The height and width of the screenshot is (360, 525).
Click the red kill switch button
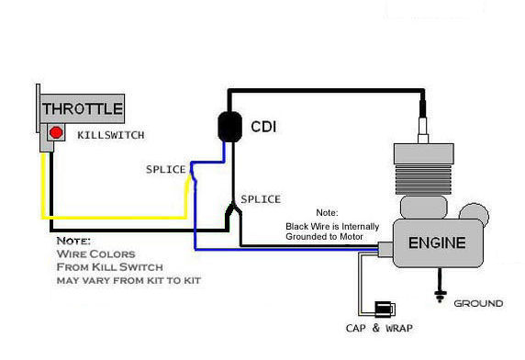[56, 134]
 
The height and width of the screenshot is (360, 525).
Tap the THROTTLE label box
[83, 108]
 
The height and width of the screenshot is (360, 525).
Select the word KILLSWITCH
[111, 135]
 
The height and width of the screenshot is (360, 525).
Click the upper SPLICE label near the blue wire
[166, 170]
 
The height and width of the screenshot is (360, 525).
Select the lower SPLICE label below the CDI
[261, 199]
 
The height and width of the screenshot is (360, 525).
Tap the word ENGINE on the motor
[436, 243]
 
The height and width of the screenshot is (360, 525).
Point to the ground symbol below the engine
[441, 296]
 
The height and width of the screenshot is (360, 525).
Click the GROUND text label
[478, 303]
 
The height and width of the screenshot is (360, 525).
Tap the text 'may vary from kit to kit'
[128, 279]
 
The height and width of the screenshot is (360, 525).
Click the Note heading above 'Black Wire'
[328, 211]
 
